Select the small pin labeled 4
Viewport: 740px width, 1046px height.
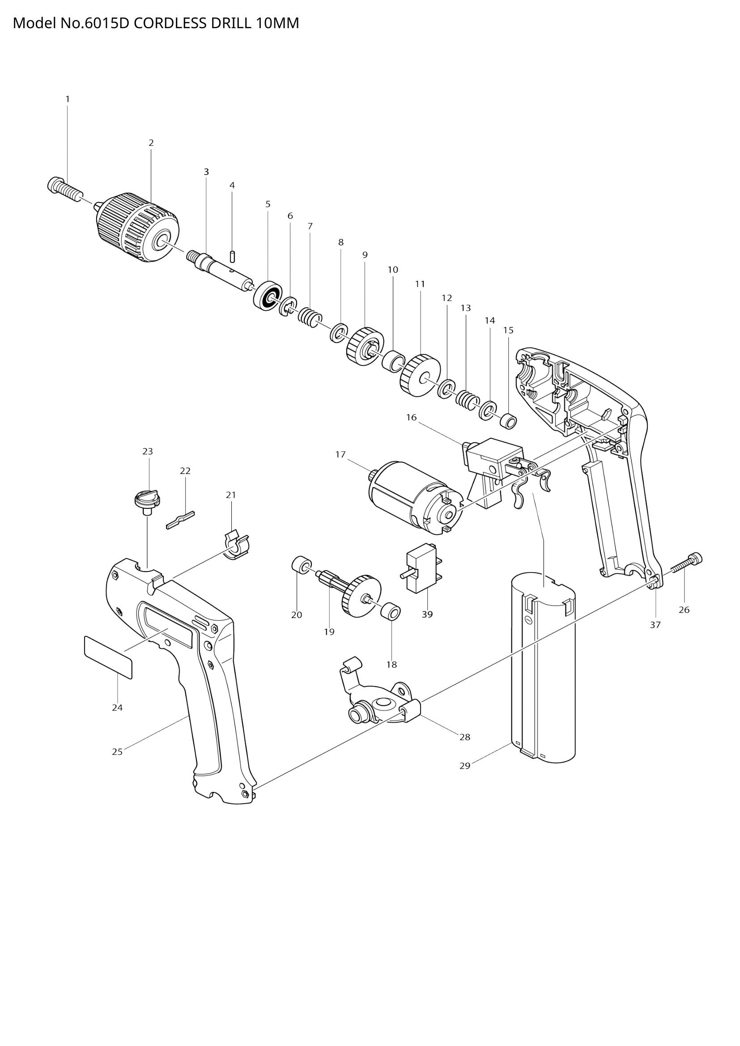[x=232, y=256]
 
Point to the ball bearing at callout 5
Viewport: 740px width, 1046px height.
[x=268, y=296]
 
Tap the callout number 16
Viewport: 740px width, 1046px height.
[x=411, y=417]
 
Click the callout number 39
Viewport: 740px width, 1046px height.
[x=427, y=614]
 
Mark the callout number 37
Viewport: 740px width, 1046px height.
[x=655, y=625]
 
